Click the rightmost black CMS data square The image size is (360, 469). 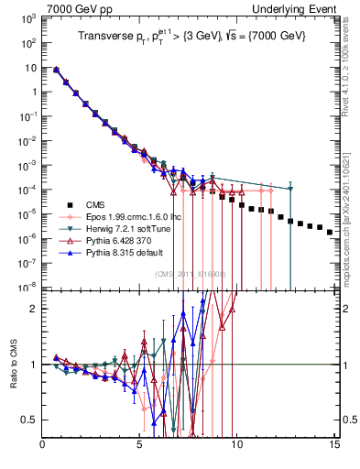(330, 233)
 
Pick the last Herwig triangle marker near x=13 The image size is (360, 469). (290, 189)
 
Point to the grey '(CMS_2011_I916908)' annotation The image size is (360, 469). (191, 274)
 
